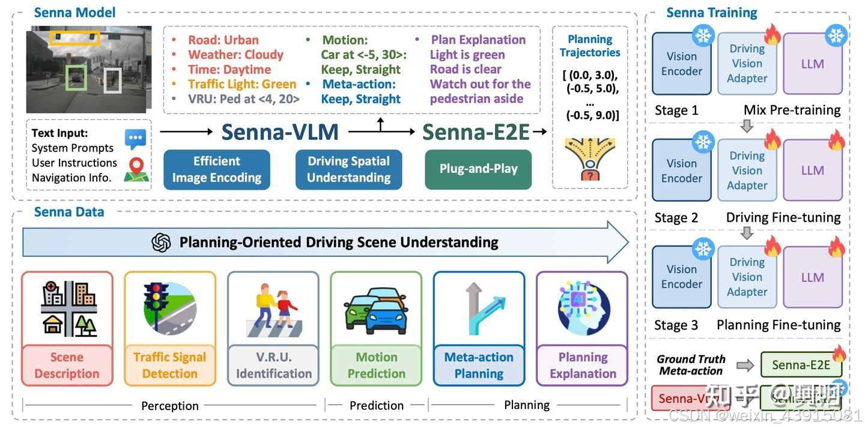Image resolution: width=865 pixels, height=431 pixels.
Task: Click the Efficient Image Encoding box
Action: [x=216, y=169]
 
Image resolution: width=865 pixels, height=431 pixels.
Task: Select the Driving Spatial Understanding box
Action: [x=348, y=169]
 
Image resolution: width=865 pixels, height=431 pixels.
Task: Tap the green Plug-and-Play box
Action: [x=478, y=169]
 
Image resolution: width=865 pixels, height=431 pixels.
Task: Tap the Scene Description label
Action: [x=67, y=365]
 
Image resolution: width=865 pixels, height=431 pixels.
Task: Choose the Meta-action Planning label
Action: [x=479, y=365]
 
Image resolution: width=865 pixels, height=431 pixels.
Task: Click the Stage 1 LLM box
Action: [x=812, y=64]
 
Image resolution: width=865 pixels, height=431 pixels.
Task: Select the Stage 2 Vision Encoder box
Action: [x=681, y=171]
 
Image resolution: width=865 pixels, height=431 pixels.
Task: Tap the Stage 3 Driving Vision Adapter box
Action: [x=747, y=277]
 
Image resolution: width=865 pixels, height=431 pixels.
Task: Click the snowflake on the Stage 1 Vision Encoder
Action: [x=703, y=35]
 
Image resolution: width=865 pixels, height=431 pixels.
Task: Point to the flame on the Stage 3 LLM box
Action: [x=836, y=247]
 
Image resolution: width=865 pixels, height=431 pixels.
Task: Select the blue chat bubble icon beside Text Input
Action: [x=135, y=139]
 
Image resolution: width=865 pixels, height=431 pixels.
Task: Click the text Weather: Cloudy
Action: [x=235, y=55]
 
